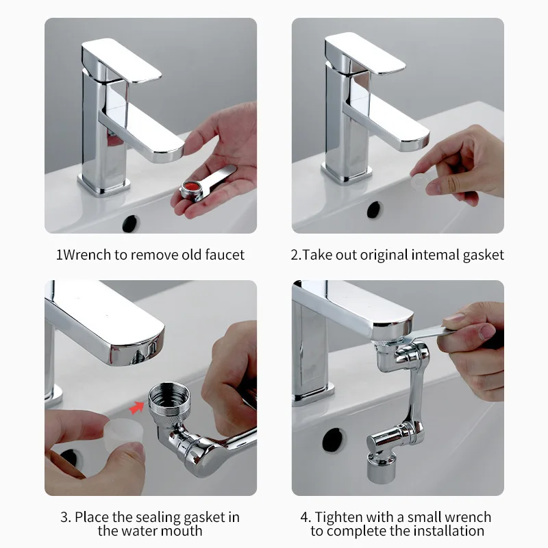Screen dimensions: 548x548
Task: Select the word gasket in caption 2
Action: [x=481, y=255]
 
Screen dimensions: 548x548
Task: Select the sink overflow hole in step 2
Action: [x=373, y=210]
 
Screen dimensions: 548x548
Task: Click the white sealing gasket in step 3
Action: [x=124, y=431]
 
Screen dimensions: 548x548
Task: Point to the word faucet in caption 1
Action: [x=223, y=255]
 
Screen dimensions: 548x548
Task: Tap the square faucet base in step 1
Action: [x=103, y=183]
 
